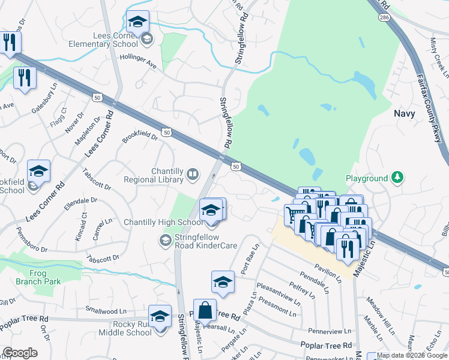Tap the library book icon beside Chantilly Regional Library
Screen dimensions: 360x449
point(193,175)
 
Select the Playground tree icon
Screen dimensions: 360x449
point(396,178)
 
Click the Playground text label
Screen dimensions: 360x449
point(367,179)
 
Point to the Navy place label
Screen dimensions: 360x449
point(405,113)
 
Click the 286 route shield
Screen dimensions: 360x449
point(382,18)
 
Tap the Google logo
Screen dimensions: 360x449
point(20,353)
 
